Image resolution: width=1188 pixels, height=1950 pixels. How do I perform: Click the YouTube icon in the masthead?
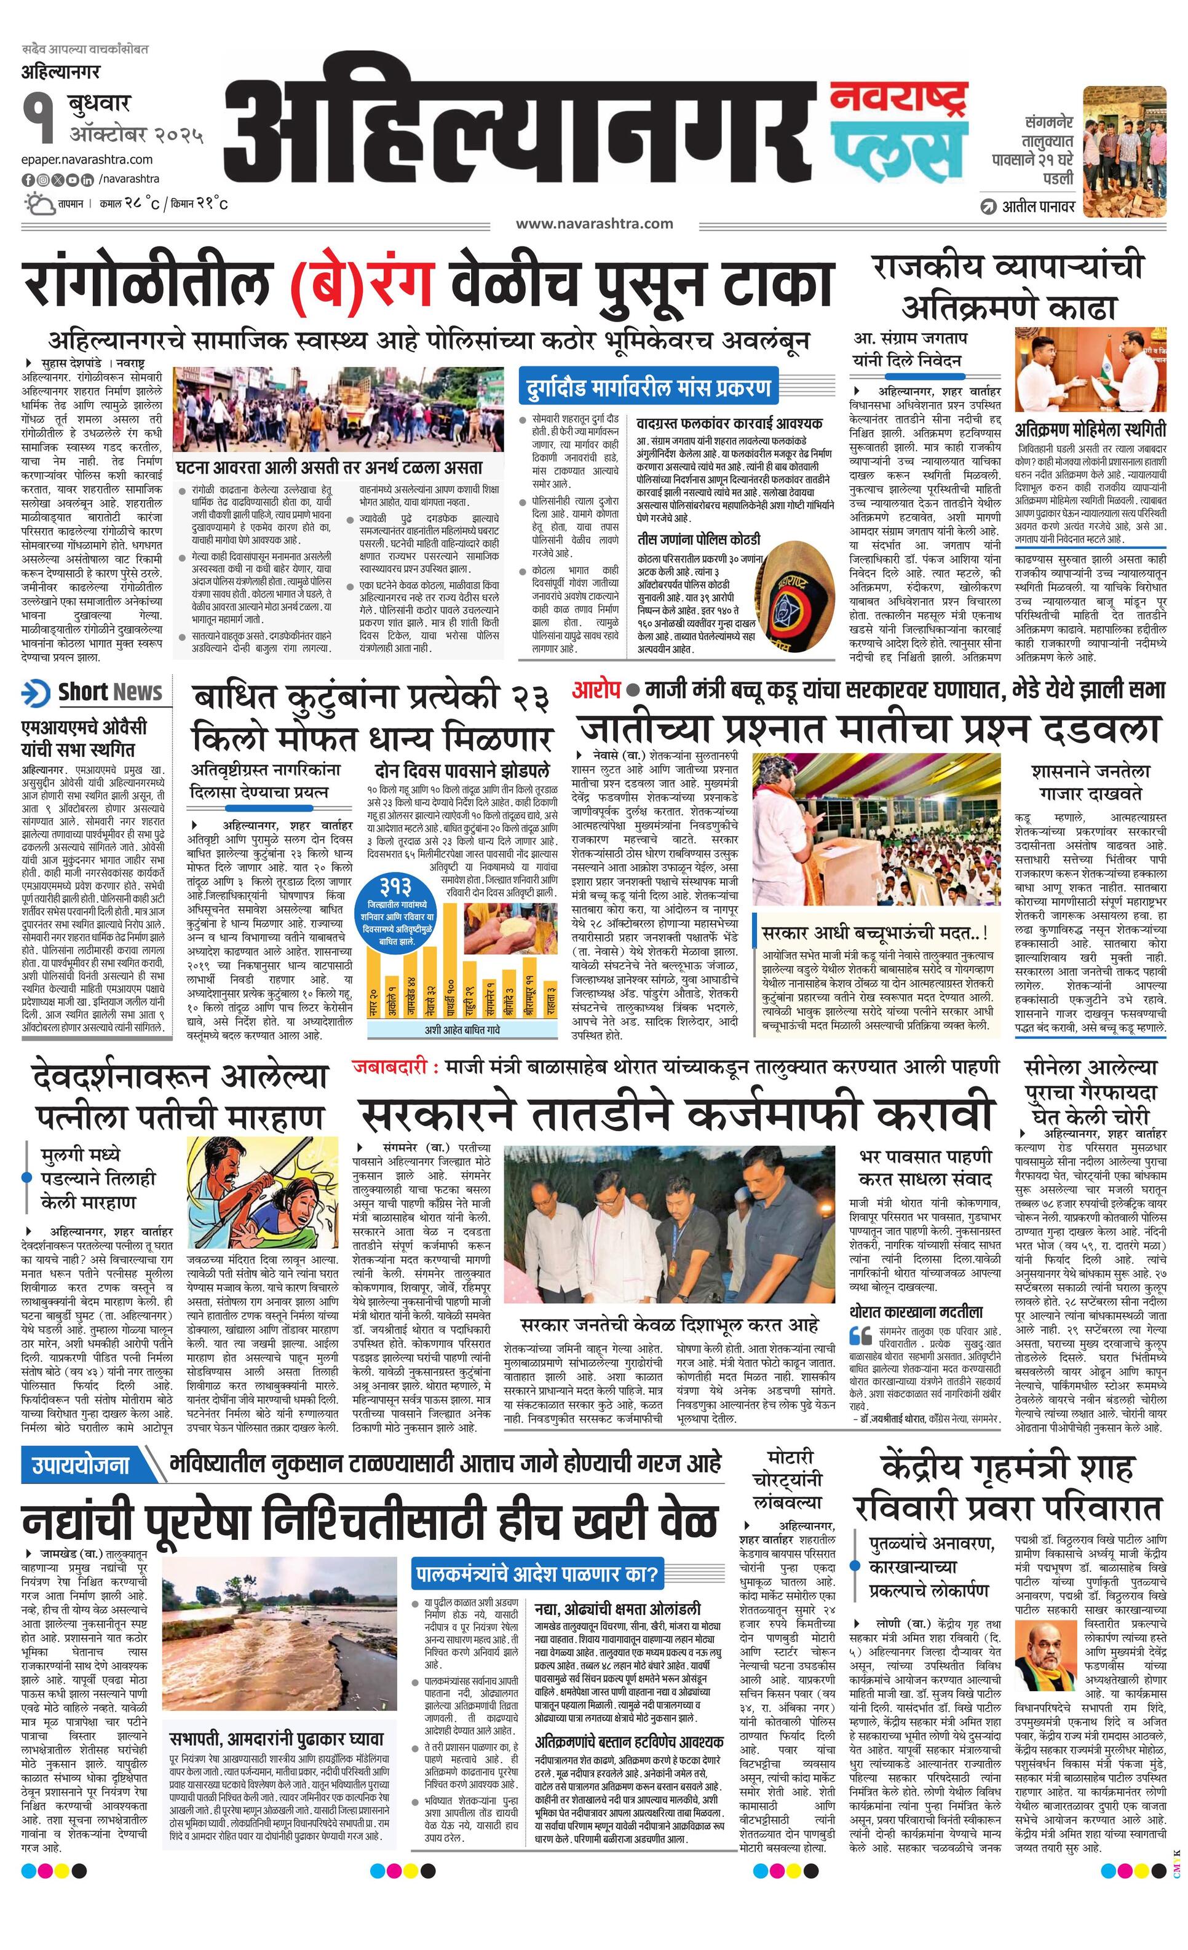coord(74,180)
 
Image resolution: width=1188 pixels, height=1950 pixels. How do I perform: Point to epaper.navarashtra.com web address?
coord(87,160)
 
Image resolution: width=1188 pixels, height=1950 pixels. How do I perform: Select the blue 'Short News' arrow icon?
coord(36,692)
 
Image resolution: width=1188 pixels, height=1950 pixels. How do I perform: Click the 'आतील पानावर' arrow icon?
coord(988,207)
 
